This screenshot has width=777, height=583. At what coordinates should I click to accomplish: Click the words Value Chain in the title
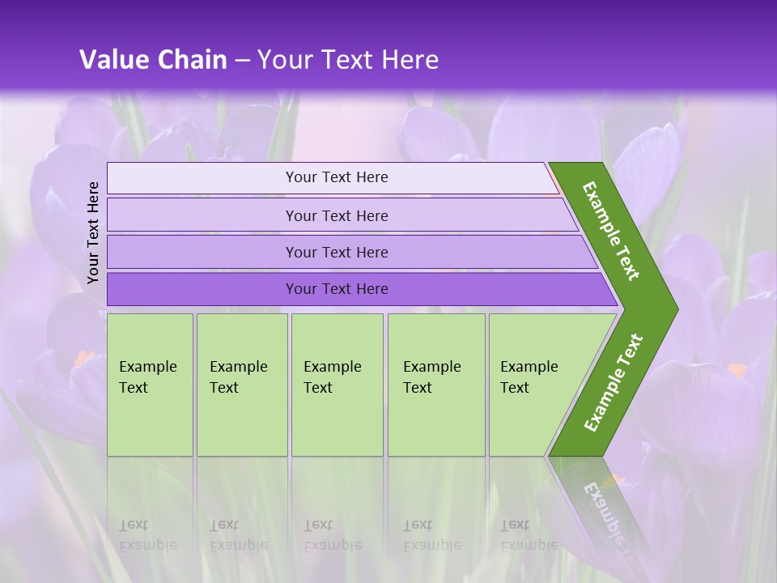point(153,60)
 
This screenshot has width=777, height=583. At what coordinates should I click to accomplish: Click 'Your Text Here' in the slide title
point(348,60)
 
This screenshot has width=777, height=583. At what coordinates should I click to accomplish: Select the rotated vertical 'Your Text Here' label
point(93,232)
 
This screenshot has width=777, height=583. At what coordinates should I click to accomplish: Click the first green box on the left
point(150,385)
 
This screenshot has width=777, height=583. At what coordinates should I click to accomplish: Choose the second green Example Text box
point(241,385)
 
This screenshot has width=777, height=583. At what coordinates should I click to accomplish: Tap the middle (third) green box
point(337,385)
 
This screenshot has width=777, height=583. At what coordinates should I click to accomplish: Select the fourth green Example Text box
point(436,385)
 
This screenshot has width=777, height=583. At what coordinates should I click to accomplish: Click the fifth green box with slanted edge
point(534,385)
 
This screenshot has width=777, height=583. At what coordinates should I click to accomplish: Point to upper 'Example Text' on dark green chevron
point(612,230)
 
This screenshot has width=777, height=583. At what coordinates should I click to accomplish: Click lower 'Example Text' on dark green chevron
point(614,382)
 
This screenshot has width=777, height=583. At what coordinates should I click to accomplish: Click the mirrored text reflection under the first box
point(148,535)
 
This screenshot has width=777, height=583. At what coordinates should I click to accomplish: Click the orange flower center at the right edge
point(737,370)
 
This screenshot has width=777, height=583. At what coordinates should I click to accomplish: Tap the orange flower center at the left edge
point(85,357)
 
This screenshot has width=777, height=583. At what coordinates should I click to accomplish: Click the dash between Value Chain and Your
point(242,61)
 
